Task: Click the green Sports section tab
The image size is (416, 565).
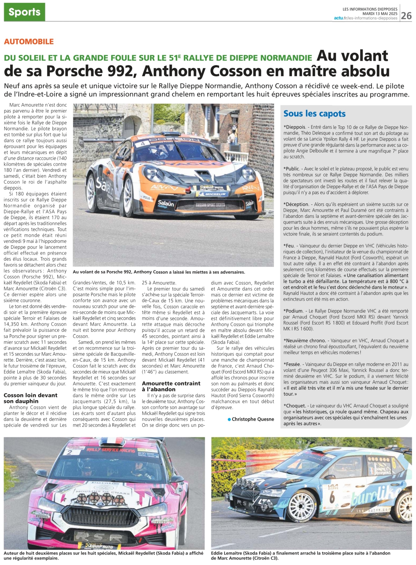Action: tap(25, 12)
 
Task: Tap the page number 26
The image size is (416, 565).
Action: tap(406, 16)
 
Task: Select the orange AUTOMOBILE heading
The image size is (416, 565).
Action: tap(29, 41)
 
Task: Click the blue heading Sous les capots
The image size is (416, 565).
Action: tap(314, 114)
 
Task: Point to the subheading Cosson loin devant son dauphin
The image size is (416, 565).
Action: tap(30, 398)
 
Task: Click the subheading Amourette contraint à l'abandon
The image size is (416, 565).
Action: tap(171, 386)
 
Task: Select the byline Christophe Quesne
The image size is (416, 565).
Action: tap(253, 419)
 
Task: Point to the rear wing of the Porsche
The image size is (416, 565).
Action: tap(98, 141)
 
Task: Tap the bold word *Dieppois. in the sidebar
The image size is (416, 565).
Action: tap(295, 127)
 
